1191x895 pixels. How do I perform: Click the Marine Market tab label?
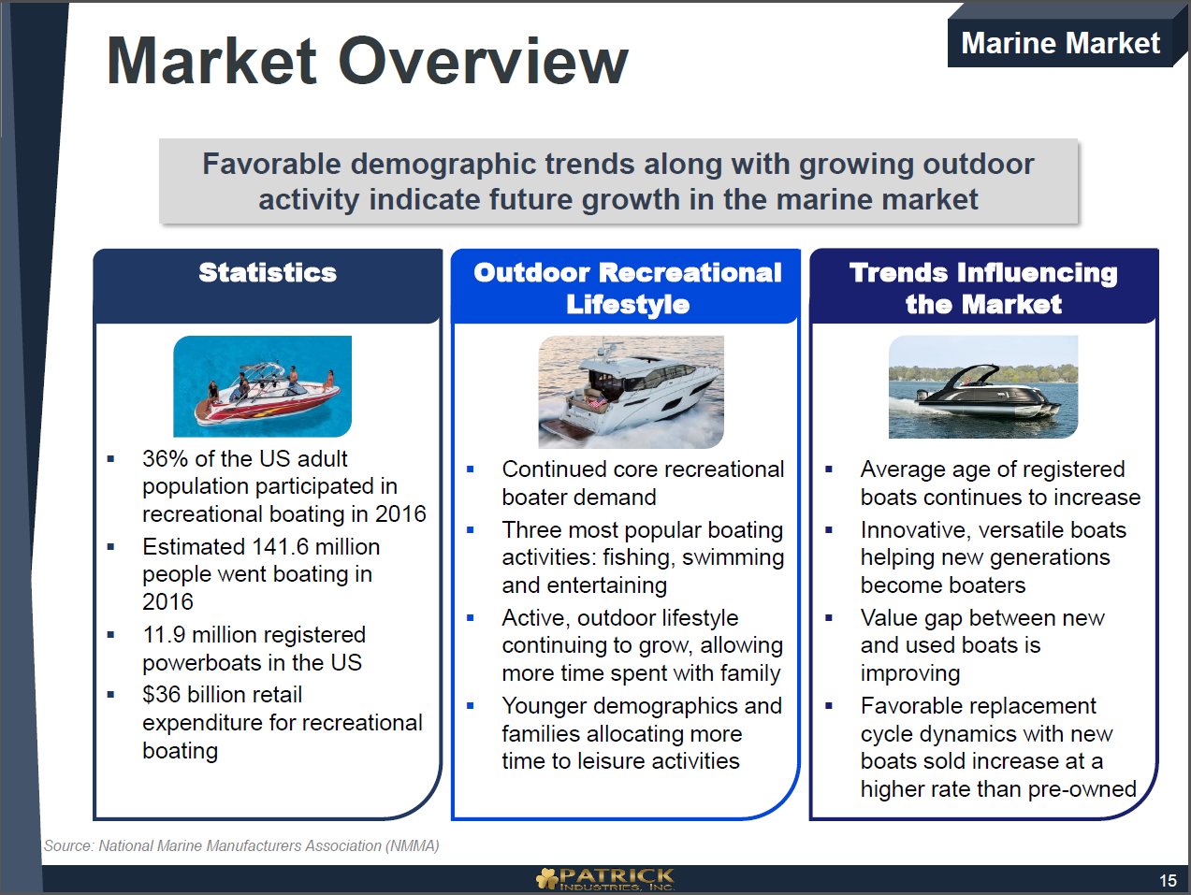[1060, 43]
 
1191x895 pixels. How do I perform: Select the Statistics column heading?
[268, 272]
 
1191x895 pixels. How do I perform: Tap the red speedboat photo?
[263, 386]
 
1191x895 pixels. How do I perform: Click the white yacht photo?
[631, 392]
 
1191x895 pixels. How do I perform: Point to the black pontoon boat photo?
[983, 387]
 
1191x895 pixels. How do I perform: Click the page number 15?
[1168, 880]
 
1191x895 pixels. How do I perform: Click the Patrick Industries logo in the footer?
[605, 879]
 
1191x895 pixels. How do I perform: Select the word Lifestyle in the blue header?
[628, 304]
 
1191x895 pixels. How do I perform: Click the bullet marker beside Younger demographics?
[471, 706]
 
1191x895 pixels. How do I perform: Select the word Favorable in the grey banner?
[272, 164]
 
